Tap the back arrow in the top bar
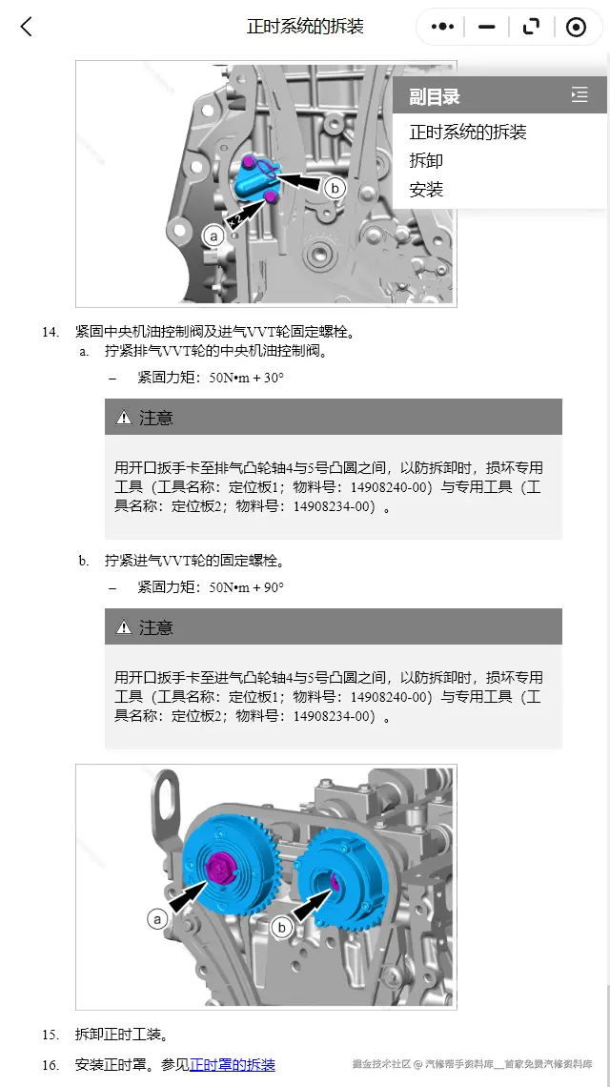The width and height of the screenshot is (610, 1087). coord(26,27)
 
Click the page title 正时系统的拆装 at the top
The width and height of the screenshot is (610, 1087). coord(305,27)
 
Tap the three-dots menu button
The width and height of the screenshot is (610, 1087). coord(442,27)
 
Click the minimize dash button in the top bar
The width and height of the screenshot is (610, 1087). coord(487,27)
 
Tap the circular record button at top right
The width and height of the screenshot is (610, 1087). coord(576,27)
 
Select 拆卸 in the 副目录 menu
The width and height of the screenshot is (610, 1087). coord(426,160)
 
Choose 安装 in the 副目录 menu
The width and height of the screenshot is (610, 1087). coord(426,189)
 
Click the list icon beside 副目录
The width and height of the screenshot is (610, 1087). coord(579,95)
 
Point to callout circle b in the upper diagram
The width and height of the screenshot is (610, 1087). coord(335,188)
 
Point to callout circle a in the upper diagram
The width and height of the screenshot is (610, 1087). coord(213,234)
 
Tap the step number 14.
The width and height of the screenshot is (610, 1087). coord(51,332)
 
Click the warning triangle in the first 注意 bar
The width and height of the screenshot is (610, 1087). coord(124,418)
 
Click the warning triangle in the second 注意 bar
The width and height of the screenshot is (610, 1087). coord(124,627)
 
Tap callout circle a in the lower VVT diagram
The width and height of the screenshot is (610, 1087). coord(157,918)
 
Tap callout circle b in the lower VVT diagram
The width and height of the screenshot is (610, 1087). coord(281,927)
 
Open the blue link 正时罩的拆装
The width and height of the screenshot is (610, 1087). coord(233,1064)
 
